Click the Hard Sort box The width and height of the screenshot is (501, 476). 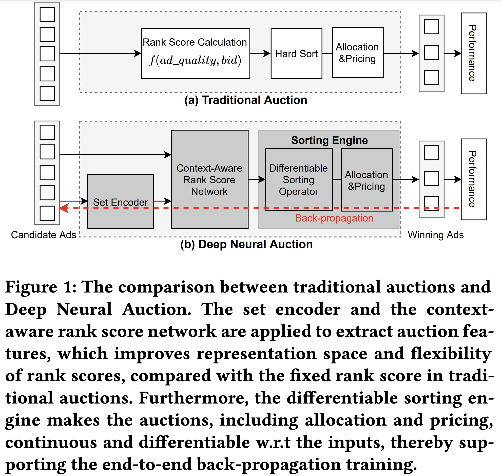point(296,53)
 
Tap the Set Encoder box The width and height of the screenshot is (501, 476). point(120,202)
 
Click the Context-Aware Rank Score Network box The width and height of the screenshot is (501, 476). point(209,179)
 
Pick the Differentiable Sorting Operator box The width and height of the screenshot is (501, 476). point(299,179)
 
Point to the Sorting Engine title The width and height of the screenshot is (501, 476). point(329,140)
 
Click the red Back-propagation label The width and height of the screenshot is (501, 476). point(334,218)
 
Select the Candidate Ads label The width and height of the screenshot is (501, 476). point(44,235)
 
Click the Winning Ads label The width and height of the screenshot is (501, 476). point(436,235)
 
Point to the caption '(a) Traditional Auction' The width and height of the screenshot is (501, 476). point(245,100)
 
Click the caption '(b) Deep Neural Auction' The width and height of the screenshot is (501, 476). point(246,244)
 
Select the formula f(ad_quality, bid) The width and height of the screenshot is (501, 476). point(195,60)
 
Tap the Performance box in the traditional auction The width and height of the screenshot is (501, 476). point(473,53)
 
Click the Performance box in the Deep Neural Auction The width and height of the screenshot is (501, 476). point(473,179)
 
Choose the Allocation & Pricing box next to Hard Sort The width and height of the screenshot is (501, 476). point(357,53)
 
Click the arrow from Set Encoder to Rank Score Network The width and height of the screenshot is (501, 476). point(162,201)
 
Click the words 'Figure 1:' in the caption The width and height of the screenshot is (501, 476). point(41,287)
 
